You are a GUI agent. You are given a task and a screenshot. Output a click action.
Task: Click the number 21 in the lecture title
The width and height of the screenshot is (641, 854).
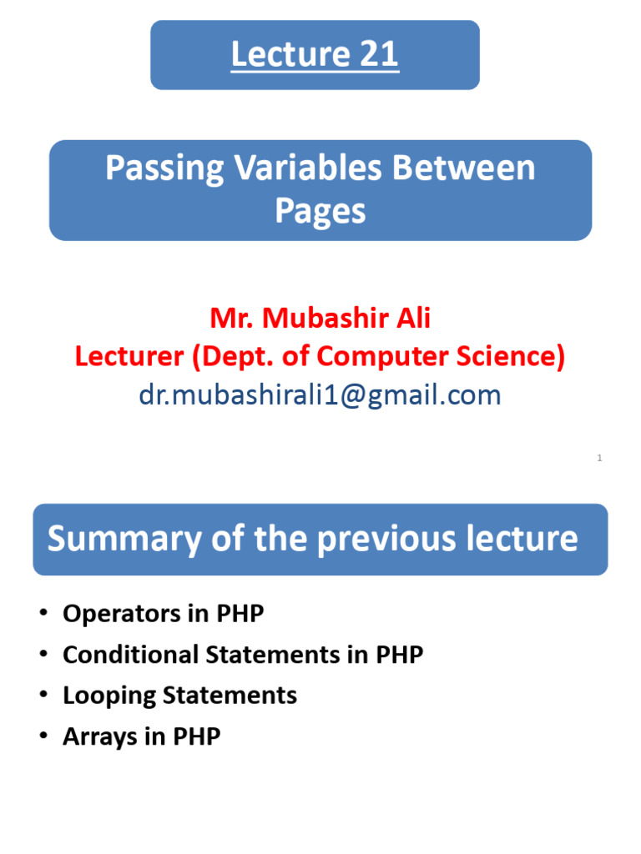click(379, 55)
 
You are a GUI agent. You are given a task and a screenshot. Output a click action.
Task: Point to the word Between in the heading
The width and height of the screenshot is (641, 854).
click(464, 168)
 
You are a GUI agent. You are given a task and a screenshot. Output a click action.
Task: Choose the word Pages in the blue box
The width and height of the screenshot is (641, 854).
click(320, 211)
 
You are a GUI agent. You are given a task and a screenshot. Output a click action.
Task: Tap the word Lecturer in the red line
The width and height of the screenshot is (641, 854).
click(129, 357)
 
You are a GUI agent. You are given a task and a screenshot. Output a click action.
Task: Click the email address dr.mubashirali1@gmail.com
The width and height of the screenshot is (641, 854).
click(320, 394)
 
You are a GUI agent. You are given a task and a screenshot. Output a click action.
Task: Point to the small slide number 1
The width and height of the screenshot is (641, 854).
click(599, 458)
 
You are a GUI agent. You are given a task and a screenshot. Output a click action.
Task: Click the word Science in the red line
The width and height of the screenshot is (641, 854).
click(507, 357)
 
